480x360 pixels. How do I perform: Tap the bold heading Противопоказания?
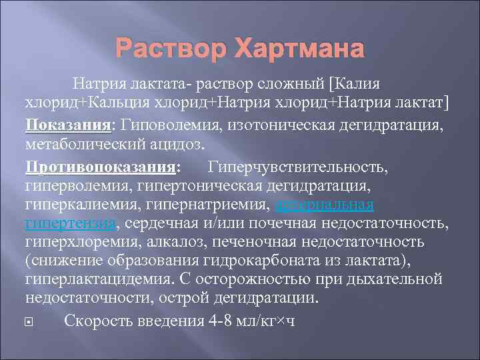coord(101,164)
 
